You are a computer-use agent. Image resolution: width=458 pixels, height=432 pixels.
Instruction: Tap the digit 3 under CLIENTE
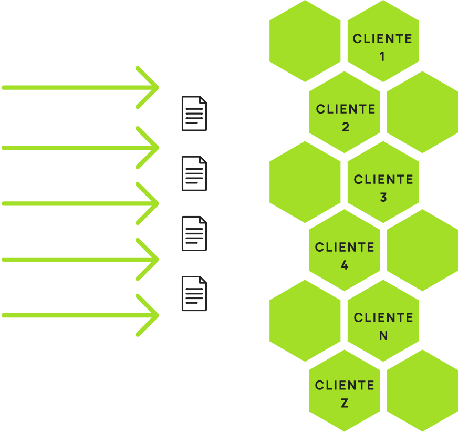click(383, 198)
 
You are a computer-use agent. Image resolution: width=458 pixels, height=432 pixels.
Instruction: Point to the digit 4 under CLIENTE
click(345, 265)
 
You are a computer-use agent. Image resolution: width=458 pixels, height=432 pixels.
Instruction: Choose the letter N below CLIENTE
click(383, 335)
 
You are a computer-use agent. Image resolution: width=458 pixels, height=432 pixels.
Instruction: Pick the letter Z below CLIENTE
click(345, 403)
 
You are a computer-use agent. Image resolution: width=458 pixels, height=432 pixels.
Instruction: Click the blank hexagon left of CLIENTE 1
click(305, 41)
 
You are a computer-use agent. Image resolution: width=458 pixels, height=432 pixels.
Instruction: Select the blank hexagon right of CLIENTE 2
click(422, 111)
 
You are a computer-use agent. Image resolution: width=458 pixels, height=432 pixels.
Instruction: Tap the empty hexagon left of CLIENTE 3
click(305, 182)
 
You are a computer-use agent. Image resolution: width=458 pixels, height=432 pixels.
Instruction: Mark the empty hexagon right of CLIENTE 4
click(422, 250)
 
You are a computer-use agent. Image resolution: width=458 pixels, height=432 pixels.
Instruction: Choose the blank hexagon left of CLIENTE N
click(305, 320)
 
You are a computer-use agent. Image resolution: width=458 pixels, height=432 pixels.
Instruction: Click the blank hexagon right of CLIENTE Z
click(422, 390)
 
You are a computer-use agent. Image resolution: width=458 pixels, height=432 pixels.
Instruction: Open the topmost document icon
click(194, 114)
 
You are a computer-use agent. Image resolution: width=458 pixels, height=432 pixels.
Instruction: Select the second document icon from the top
click(194, 173)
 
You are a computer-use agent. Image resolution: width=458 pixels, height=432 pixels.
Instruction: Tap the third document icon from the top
click(194, 233)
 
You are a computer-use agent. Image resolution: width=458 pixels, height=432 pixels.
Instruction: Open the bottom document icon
click(194, 294)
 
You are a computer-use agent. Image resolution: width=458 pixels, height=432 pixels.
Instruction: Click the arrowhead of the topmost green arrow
click(152, 88)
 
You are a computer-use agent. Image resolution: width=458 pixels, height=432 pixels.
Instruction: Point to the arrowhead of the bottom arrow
click(152, 315)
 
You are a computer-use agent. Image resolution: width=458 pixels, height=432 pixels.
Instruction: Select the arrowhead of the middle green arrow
click(152, 203)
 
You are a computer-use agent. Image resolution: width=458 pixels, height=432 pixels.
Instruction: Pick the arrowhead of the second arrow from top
click(152, 148)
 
